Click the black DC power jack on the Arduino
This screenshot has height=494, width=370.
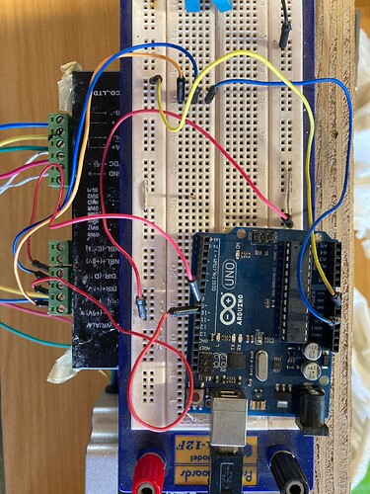pyautogui.click(x=313, y=407)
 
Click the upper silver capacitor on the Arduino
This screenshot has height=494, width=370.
pyautogui.click(x=312, y=351)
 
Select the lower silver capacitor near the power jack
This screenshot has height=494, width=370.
pyautogui.click(x=313, y=371)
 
